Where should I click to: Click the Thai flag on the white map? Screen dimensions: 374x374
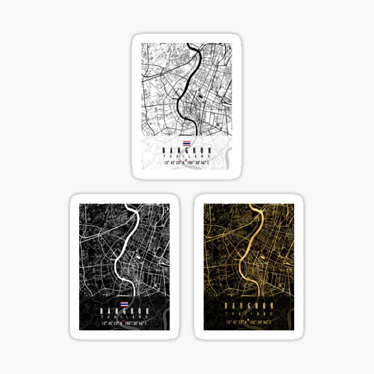(x=186, y=143)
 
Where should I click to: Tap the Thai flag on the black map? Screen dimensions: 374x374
(x=124, y=302)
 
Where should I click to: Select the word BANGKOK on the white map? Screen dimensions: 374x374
(x=186, y=150)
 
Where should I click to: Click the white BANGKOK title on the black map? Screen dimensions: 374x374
(x=124, y=310)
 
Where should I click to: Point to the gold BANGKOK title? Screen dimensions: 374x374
(x=249, y=306)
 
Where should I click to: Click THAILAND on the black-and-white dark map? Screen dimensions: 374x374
(x=124, y=316)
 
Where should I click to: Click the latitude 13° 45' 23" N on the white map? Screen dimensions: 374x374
(x=173, y=163)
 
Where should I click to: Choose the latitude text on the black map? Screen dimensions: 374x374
(x=110, y=324)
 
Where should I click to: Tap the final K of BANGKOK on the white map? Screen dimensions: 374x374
(x=208, y=150)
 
